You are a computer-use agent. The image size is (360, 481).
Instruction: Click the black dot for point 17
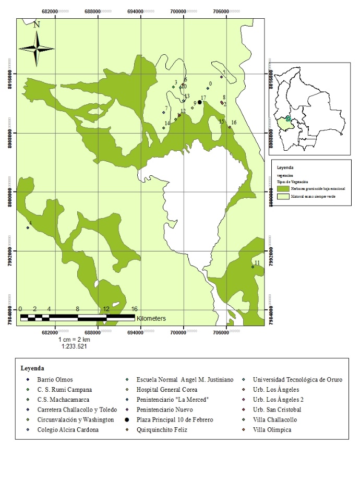coord(200,103)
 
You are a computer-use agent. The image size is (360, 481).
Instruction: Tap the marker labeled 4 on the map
coord(28,227)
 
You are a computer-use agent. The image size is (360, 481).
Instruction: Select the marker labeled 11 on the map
coord(253,267)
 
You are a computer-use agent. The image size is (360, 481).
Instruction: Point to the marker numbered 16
coord(230,127)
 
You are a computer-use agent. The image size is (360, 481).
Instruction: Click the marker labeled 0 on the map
coord(208,88)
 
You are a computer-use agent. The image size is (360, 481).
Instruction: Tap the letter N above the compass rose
coord(37,24)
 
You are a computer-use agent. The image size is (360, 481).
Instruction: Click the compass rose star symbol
coord(37,48)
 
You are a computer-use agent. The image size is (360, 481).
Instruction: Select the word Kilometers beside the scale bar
coord(151,318)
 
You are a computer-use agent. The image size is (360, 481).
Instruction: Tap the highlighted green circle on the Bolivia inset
coord(288,119)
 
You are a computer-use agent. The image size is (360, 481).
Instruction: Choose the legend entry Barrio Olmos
coord(55,380)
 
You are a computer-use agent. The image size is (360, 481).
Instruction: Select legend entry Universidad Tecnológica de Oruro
coord(297,380)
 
